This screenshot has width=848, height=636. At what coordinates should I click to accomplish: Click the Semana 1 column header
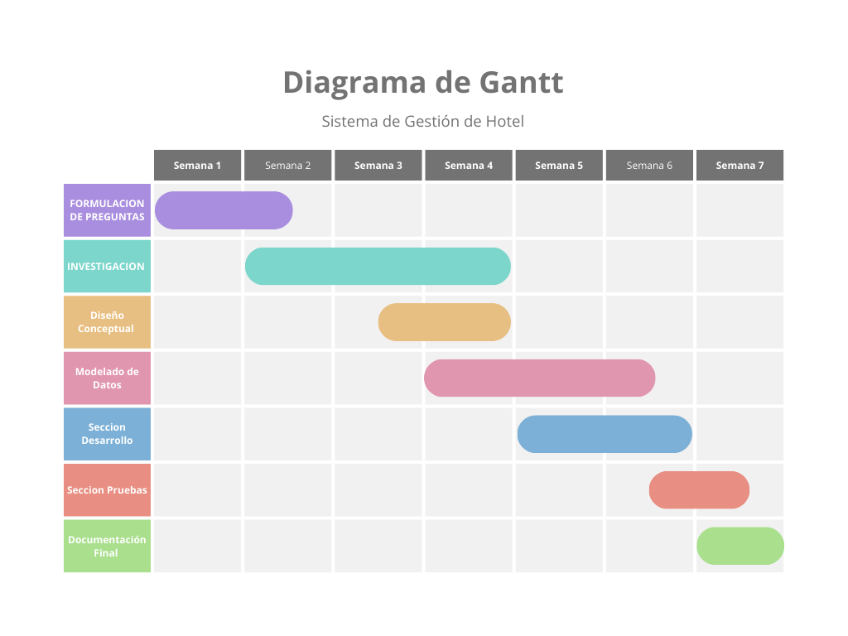(x=197, y=165)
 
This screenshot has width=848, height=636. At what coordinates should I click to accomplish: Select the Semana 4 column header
(x=469, y=165)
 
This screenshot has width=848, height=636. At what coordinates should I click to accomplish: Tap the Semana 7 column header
(x=740, y=165)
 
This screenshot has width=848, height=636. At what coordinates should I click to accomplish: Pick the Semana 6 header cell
(x=649, y=165)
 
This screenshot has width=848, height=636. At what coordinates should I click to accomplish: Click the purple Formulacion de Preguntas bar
(x=224, y=210)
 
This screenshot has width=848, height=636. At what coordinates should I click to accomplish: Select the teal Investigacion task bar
(x=378, y=266)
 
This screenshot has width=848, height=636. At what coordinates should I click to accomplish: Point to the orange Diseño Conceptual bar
(x=445, y=322)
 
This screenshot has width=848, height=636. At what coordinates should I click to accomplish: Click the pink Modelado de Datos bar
(x=539, y=378)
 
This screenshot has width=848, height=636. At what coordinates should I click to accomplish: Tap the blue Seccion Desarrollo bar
(x=605, y=434)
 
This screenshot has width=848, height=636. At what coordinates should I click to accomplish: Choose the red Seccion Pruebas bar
(x=699, y=489)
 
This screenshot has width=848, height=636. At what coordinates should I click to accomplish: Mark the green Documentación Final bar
(x=740, y=546)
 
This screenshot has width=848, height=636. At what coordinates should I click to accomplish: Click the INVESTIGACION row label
(x=107, y=267)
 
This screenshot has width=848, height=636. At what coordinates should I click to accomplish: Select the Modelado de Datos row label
(x=107, y=378)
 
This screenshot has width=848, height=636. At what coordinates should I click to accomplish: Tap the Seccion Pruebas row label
(x=107, y=490)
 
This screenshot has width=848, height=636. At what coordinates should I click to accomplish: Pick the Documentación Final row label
(x=107, y=547)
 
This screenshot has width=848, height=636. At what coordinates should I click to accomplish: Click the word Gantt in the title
(x=521, y=82)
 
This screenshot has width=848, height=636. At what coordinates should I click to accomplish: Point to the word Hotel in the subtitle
(x=504, y=121)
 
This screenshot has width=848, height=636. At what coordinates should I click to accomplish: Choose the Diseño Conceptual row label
(x=107, y=322)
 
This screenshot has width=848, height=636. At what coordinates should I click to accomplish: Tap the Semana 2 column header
(x=288, y=165)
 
